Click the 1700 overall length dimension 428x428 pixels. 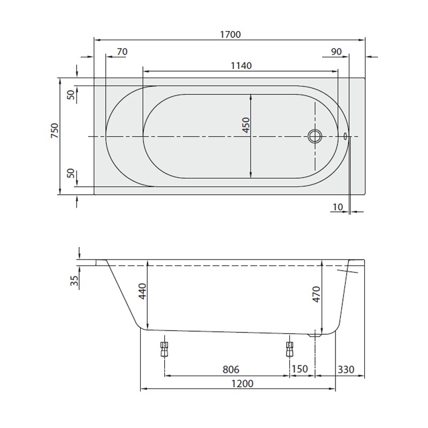point(230,34)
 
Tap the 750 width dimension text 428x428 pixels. point(54,131)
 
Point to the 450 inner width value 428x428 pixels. point(246,125)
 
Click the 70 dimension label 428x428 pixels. point(122,51)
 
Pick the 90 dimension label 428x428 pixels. point(336,51)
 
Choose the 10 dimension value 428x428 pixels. point(337,207)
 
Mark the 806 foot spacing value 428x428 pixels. point(230,370)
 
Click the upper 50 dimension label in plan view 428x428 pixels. point(71,94)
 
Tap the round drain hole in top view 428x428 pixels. point(314,136)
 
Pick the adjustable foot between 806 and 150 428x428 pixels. point(290,349)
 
